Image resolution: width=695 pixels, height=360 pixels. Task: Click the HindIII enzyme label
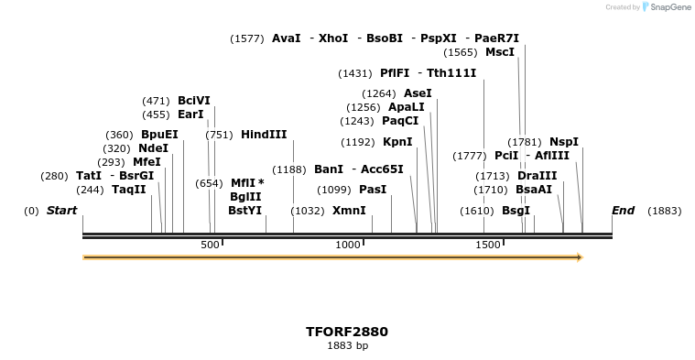click(264, 135)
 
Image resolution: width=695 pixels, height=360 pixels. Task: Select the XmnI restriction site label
click(349, 211)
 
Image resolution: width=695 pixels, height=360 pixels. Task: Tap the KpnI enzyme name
click(397, 142)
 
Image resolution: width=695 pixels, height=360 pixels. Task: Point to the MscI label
click(500, 52)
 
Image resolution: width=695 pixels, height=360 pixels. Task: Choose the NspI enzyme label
click(564, 142)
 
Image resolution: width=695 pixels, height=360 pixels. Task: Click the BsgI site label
click(516, 211)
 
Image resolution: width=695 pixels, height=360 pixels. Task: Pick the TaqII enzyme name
click(128, 190)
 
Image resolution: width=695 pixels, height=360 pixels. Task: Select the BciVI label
click(194, 101)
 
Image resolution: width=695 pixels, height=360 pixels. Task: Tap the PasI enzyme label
click(373, 190)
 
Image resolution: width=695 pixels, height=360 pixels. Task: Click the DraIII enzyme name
click(537, 176)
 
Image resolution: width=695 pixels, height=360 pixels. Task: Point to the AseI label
click(418, 93)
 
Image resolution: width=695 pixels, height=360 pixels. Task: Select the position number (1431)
click(355, 73)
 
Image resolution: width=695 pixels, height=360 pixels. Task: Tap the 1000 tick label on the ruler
click(348, 245)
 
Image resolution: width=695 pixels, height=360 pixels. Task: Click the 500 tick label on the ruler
click(210, 245)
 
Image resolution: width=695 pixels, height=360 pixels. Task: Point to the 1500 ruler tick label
click(488, 245)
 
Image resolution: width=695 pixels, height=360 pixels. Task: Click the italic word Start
click(61, 211)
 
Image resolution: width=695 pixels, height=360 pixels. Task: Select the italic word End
click(623, 211)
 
